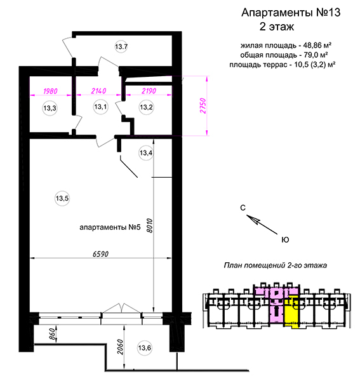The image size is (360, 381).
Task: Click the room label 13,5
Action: (x=62, y=198)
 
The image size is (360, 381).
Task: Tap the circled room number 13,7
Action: (x=121, y=46)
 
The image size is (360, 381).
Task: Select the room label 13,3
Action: (x=50, y=108)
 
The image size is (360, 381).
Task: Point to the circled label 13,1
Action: (x=100, y=107)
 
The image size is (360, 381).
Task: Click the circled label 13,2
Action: (x=146, y=107)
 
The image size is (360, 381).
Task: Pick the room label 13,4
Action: (x=146, y=153)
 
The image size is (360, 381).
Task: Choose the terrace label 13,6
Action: (x=144, y=348)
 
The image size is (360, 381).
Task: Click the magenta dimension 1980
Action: (x=50, y=91)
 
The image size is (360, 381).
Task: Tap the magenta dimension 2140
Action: (x=98, y=91)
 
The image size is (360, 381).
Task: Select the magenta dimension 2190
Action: (x=149, y=91)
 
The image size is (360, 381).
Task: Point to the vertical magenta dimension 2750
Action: (x=203, y=106)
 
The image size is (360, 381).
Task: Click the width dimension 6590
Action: (x=100, y=254)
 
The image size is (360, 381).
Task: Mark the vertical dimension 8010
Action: (x=150, y=225)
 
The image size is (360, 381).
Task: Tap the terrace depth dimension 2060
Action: (x=121, y=347)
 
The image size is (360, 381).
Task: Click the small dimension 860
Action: (x=51, y=334)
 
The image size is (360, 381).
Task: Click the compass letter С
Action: (x=243, y=208)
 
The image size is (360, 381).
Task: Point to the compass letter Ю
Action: (x=285, y=240)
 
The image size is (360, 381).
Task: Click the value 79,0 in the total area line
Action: (x=311, y=55)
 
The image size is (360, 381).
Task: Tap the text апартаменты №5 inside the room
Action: (x=110, y=227)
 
